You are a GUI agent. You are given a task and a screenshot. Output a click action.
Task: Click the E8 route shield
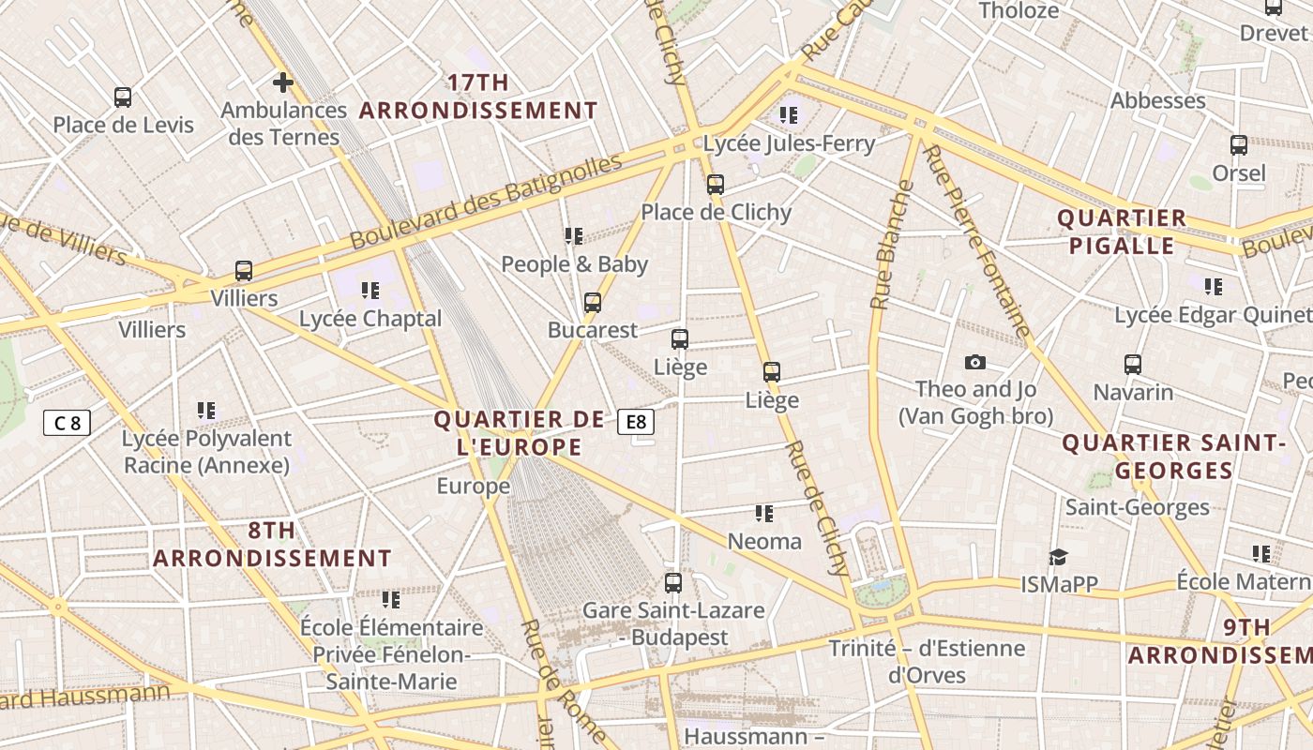pyautogui.click(x=636, y=422)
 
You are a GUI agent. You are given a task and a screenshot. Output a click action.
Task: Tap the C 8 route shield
pyautogui.click(x=67, y=423)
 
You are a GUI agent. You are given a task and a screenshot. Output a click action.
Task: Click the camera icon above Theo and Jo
pyautogui.click(x=975, y=362)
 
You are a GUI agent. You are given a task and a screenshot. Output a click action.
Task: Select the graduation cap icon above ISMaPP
pyautogui.click(x=1058, y=557)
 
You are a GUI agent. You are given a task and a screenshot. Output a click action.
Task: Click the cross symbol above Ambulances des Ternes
pyautogui.click(x=282, y=82)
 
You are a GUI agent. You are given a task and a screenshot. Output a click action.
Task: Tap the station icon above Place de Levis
pyautogui.click(x=123, y=97)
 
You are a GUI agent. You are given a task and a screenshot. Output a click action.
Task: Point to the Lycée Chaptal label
pyautogui.click(x=370, y=319)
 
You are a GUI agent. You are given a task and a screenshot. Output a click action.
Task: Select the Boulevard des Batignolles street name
pyautogui.click(x=486, y=203)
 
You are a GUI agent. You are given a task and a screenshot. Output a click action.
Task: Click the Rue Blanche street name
pyautogui.click(x=891, y=246)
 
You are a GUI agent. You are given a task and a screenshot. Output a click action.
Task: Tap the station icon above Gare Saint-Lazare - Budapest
pyautogui.click(x=673, y=582)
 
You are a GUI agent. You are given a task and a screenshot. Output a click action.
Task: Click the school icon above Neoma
pyautogui.click(x=764, y=513)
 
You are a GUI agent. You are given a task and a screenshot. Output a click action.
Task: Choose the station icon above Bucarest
pyautogui.click(x=592, y=302)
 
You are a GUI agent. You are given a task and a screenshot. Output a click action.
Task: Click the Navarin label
pyautogui.click(x=1133, y=392)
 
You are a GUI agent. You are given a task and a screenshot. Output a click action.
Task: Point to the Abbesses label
pyautogui.click(x=1157, y=101)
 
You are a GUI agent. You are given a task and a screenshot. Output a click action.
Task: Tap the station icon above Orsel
pyautogui.click(x=1239, y=145)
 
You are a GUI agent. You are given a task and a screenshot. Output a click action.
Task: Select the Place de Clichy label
pyautogui.click(x=717, y=212)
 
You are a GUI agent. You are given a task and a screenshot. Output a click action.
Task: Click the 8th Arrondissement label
pyautogui.click(x=272, y=545)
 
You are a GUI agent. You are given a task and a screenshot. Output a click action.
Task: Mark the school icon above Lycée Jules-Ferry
pyautogui.click(x=788, y=115)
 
